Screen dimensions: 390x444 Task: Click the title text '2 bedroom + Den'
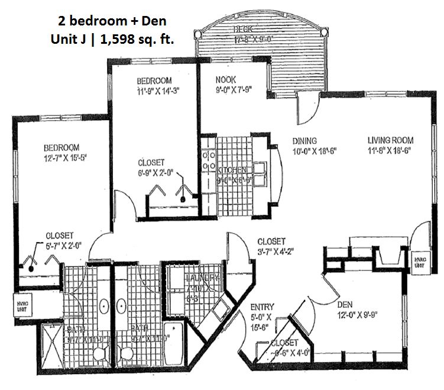(x=112, y=21)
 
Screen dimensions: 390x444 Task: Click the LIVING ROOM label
(x=390, y=140)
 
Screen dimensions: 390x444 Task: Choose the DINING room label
(x=305, y=141)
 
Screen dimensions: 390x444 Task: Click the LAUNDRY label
(x=202, y=278)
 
